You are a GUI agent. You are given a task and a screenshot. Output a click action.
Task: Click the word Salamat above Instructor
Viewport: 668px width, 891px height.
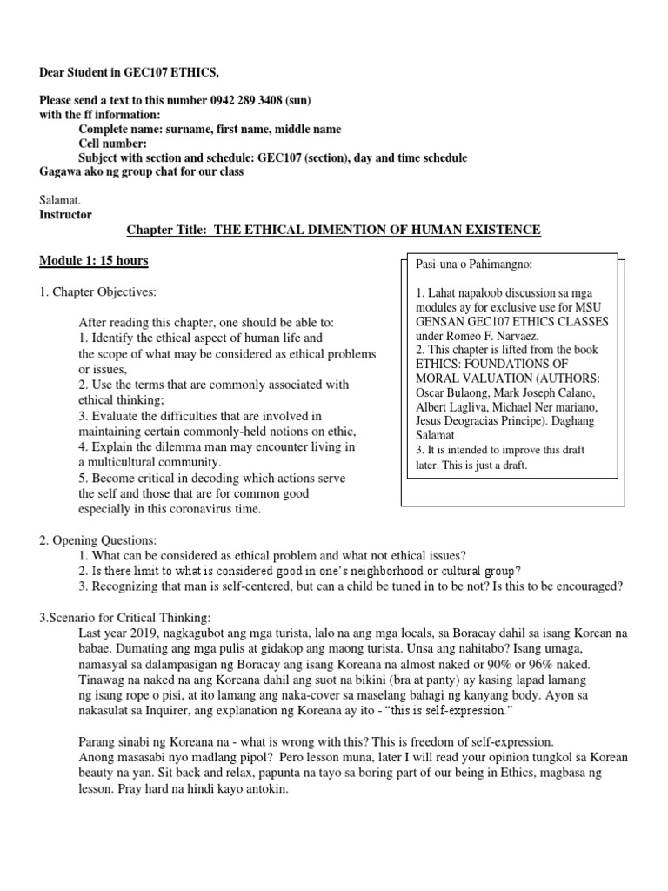point(59,200)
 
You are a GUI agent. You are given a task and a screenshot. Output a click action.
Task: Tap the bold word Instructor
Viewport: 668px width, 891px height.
point(65,214)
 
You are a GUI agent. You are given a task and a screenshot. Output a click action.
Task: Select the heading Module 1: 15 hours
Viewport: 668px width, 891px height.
point(93,260)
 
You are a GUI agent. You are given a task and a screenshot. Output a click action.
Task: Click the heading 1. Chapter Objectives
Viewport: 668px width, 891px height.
point(98,291)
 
